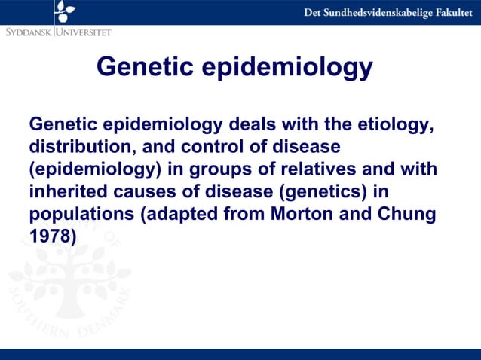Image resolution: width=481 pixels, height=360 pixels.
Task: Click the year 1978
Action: (52, 236)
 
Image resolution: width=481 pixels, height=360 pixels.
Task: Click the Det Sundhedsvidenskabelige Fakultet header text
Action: (389, 13)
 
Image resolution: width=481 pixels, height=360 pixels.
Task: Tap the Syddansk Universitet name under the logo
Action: (58, 32)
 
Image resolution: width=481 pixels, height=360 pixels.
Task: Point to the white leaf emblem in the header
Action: (65, 10)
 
